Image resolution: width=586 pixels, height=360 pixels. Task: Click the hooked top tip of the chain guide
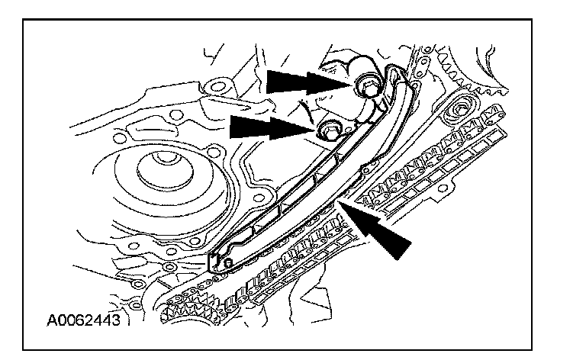[x=394, y=73]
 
